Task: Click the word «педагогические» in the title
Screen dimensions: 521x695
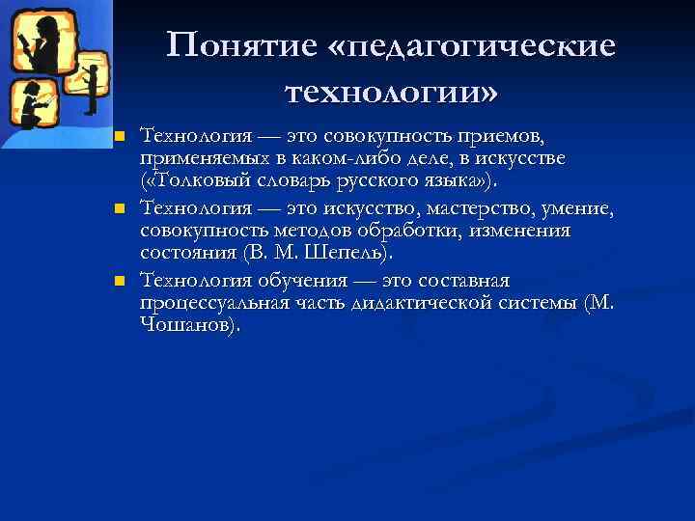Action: click(x=480, y=46)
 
